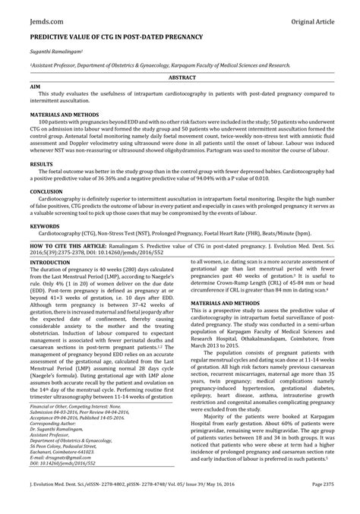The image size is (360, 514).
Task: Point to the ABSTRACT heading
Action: click(180, 78)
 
